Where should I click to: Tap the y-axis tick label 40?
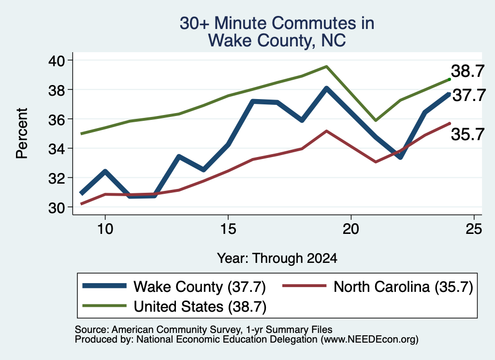point(56,60)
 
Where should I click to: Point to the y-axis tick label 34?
point(56,149)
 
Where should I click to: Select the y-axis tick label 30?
point(56,208)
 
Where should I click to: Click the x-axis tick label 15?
point(228,229)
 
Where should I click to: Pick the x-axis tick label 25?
point(474,229)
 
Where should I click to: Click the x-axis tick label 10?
point(105,229)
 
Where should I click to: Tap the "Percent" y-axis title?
point(22,133)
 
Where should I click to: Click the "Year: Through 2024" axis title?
point(277,258)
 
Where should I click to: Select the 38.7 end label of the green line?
point(467,71)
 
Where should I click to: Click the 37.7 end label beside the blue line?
point(469,95)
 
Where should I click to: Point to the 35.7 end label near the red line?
point(467,134)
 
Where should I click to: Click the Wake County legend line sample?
point(104,286)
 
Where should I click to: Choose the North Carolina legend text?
point(403,287)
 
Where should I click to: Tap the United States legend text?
point(200,306)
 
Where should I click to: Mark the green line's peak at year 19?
point(326,67)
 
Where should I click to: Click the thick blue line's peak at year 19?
point(326,88)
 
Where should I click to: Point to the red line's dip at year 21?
point(376,162)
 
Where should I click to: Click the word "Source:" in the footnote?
point(92,330)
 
